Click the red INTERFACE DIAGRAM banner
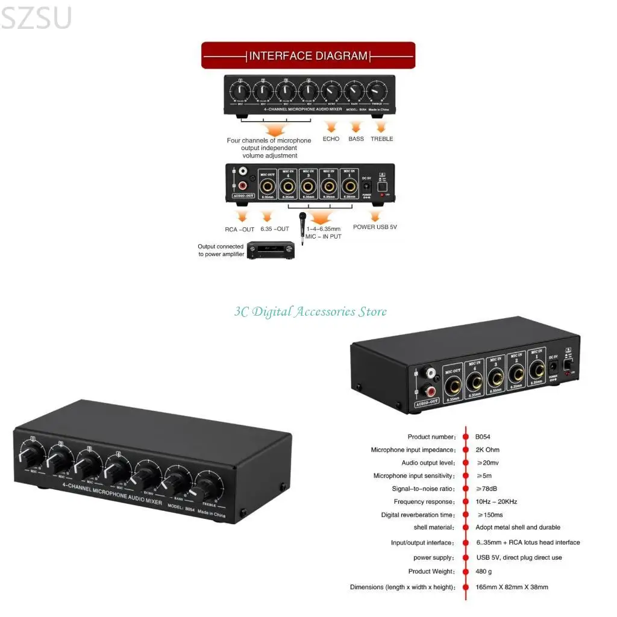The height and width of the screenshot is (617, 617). coord(308,55)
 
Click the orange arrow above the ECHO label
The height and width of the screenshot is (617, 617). coord(331,127)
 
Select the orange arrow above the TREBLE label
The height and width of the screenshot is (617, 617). coord(381,127)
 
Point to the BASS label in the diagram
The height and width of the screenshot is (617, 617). coord(356,139)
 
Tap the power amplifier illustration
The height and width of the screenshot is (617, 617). coord(271,250)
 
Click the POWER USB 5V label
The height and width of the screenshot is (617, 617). coord(375,227)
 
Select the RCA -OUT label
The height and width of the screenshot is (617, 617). coord(240,229)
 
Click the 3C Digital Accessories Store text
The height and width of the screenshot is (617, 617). coord(310,312)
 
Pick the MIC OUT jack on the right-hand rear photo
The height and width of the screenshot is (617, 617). coord(453,382)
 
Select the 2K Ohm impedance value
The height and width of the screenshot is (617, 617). coord(487,450)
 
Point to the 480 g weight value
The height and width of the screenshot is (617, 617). coord(484,572)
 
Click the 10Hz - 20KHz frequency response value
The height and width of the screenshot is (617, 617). coord(496,502)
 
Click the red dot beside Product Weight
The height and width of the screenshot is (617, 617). coord(465,572)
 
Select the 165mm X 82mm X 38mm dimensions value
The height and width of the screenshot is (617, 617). coord(512,587)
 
